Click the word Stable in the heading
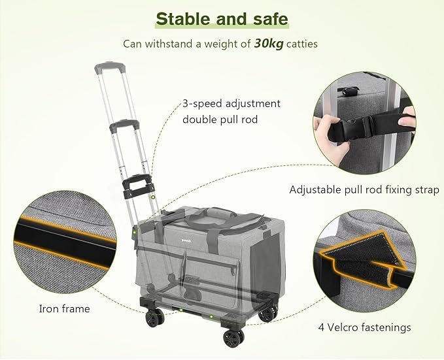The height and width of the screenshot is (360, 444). (186, 18)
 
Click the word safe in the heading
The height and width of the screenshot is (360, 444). (266, 18)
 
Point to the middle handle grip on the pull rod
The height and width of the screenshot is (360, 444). (124, 124)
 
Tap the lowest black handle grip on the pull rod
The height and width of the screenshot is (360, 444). (139, 184)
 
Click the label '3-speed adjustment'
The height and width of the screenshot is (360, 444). (231, 103)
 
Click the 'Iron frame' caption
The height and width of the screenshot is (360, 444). (63, 308)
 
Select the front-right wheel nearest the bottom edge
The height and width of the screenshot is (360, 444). (233, 338)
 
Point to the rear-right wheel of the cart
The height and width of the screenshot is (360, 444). (266, 313)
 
